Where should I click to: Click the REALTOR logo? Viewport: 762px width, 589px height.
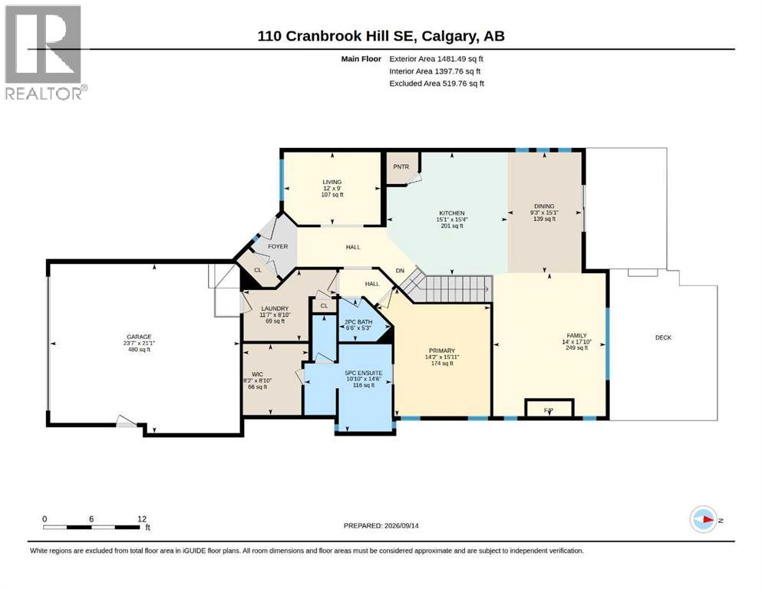(46, 52)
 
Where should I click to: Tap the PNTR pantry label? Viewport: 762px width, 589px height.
(401, 166)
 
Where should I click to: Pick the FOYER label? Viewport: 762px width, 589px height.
(278, 247)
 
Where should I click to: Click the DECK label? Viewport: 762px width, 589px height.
(663, 337)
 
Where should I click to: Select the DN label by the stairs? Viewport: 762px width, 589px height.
(400, 271)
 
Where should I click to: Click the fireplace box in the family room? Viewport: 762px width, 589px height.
(549, 408)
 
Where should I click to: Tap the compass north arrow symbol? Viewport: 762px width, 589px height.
(704, 519)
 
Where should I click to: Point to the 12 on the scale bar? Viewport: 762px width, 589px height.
(142, 519)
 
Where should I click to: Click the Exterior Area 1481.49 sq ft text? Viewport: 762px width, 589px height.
(436, 59)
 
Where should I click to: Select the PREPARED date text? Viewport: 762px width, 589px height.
(381, 525)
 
